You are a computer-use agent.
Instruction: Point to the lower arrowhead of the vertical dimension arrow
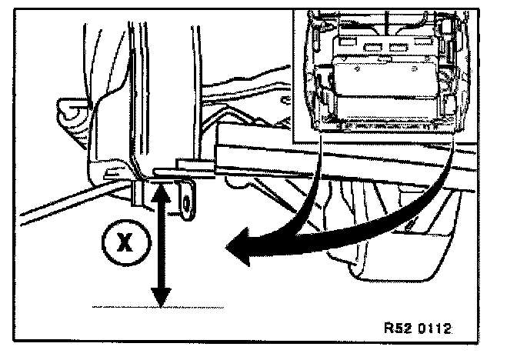161,297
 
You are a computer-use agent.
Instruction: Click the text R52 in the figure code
397,326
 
